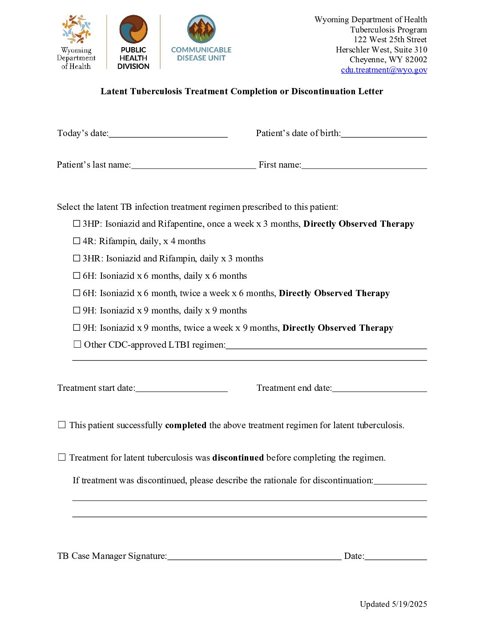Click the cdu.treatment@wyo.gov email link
(x=384, y=70)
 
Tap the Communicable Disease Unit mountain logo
(x=201, y=29)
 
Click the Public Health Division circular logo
(x=133, y=29)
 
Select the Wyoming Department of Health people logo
(x=76, y=29)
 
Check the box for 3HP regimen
(x=77, y=224)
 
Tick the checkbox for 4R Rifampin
(x=77, y=241)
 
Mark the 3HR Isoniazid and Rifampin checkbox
(x=77, y=258)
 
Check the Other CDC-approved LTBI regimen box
(x=77, y=344)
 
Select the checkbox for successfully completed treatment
(x=62, y=425)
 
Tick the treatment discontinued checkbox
(x=62, y=457)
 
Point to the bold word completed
(x=186, y=425)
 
